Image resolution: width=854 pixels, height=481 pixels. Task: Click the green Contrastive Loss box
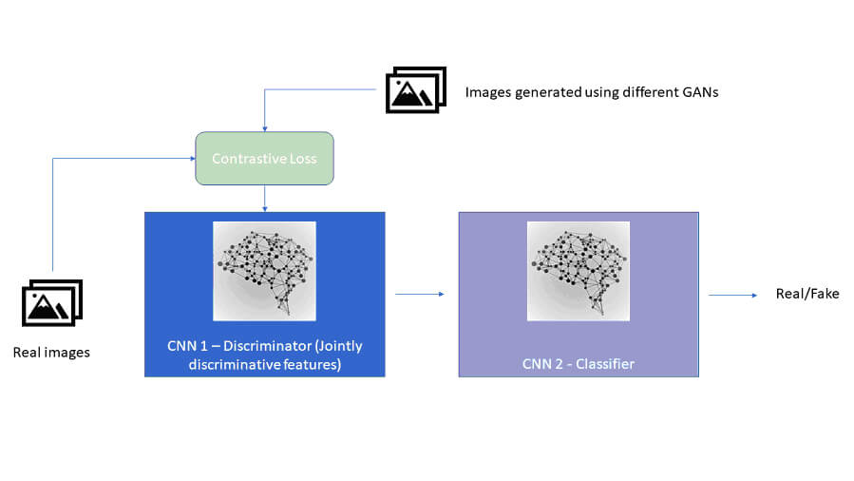click(x=264, y=158)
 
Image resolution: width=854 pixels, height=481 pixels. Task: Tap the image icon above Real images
click(x=52, y=303)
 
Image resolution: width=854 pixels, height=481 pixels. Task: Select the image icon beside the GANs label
click(x=415, y=90)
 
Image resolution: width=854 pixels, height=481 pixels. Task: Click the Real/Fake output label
click(x=807, y=294)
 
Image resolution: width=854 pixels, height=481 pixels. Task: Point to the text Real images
click(x=51, y=353)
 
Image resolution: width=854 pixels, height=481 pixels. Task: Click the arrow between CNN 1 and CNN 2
click(x=420, y=295)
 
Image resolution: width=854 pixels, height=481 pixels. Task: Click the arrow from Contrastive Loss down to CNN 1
click(x=264, y=198)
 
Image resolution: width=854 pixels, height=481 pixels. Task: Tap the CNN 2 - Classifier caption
click(x=578, y=364)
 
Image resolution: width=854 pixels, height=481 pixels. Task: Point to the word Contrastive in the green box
click(x=250, y=159)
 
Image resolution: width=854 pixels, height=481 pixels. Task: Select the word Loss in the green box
click(x=303, y=159)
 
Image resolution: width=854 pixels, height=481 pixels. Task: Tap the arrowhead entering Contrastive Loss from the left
click(x=191, y=159)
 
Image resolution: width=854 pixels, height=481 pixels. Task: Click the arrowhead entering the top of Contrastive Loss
click(x=264, y=128)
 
